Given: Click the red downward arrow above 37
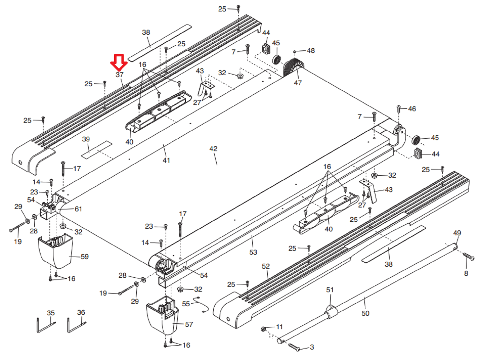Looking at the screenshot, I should tap(119, 62).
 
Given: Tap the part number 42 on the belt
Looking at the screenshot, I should tap(213, 149).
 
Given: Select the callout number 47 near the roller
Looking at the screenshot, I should tap(297, 83).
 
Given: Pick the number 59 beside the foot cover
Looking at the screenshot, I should tap(84, 257).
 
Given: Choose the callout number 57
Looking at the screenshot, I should tap(189, 325).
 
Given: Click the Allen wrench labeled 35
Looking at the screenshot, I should tap(45, 325).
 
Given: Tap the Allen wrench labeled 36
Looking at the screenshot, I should tap(76, 325).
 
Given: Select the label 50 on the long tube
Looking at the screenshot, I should tap(365, 314).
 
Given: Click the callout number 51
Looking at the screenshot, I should tap(330, 290).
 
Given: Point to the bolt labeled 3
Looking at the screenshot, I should tap(294, 347).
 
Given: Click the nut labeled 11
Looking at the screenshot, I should tap(264, 329).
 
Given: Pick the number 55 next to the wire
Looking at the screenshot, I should tap(186, 304).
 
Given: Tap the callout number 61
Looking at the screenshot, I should tap(78, 209).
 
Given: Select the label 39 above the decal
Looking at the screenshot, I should tap(86, 139).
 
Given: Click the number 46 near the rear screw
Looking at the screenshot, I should tap(412, 109).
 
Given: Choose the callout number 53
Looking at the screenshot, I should tap(253, 252).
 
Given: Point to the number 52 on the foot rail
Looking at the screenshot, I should tap(266, 266).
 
